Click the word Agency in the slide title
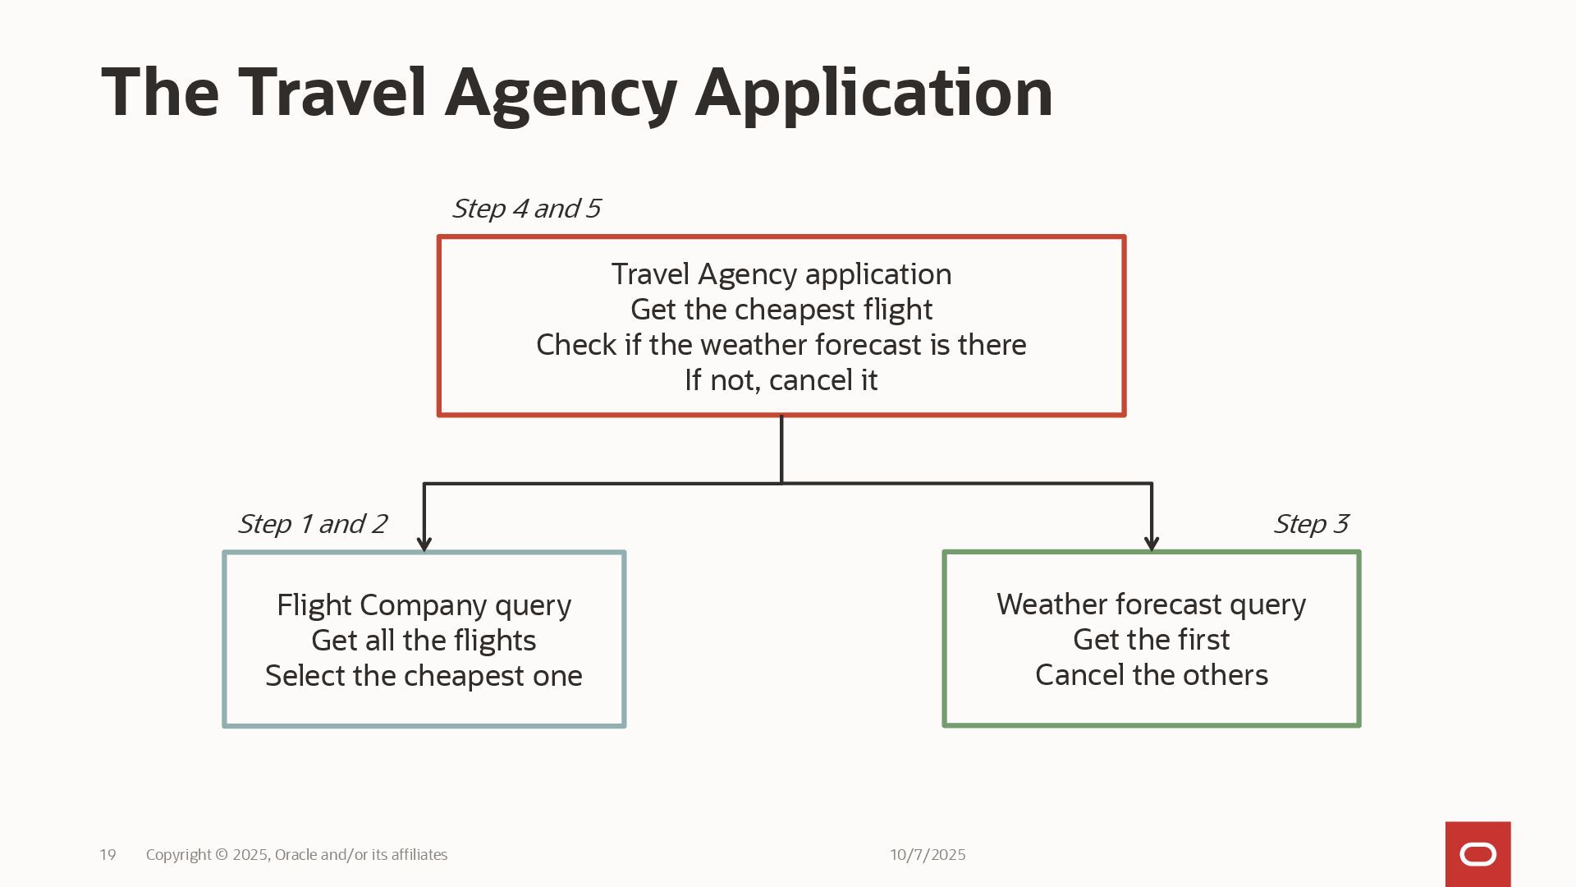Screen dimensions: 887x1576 pos(561,93)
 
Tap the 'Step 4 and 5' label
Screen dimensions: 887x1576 pos(526,209)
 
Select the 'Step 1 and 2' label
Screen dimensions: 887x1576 pos(312,524)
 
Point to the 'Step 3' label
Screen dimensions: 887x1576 pos(1310,524)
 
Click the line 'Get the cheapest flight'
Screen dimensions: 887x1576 pos(781,310)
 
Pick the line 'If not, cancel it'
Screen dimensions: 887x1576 pos(781,380)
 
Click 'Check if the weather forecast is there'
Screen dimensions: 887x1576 pos(781,345)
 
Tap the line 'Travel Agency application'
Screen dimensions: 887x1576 pos(781,274)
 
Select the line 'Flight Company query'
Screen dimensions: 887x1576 pos(424,605)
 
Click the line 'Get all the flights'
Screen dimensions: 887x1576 pos(424,641)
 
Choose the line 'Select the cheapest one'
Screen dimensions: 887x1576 pos(424,676)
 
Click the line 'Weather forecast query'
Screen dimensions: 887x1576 pos(1151,604)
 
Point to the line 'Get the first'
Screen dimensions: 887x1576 pos(1151,640)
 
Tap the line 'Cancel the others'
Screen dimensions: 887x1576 pos(1151,675)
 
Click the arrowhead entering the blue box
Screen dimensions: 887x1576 pos(424,544)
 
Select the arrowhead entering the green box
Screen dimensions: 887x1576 pos(1152,544)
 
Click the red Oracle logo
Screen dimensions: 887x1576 pos(1477,854)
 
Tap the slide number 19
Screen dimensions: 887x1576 pos(108,855)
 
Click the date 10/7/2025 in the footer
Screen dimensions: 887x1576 pos(928,855)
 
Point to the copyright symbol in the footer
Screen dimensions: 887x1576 pos(222,855)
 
